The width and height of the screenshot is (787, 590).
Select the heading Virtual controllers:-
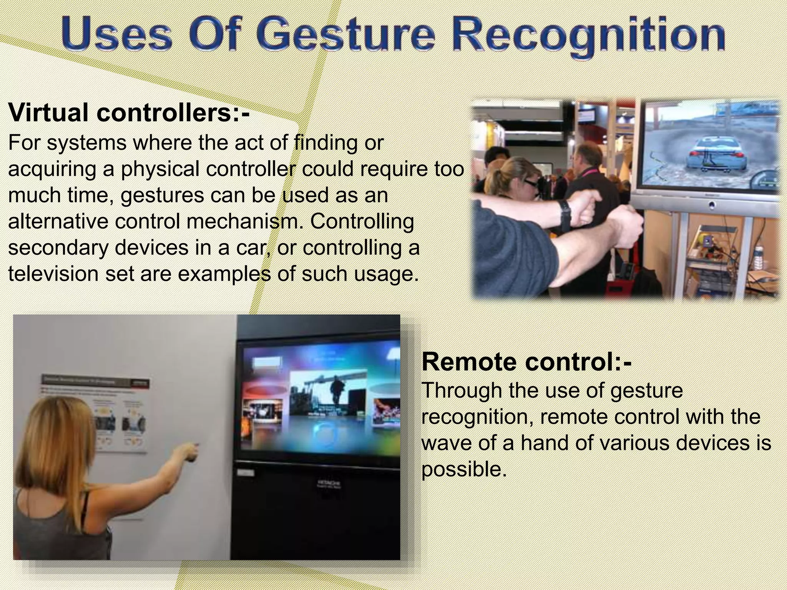click(x=129, y=112)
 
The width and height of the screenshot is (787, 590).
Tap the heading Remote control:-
click(x=526, y=362)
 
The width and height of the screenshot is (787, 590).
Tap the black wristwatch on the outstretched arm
click(x=565, y=215)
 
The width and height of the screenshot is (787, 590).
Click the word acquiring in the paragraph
click(x=52, y=169)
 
